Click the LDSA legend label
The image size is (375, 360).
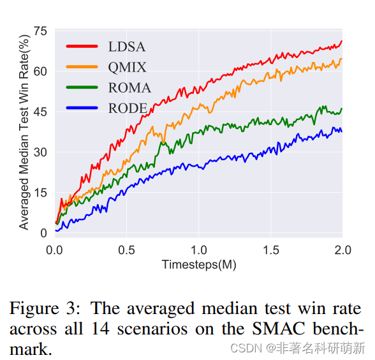127,46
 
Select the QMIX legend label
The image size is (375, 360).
128,67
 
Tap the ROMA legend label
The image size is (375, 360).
129,88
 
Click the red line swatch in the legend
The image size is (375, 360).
82,46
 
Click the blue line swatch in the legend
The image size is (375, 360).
82,109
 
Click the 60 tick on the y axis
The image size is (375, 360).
40,71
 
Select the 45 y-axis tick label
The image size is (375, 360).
40,112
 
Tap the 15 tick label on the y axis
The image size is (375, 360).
40,193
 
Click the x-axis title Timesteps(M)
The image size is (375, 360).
198,264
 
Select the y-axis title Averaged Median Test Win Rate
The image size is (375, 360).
24,131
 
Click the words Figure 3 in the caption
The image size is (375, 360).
43,309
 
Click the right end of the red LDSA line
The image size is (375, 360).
341,41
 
